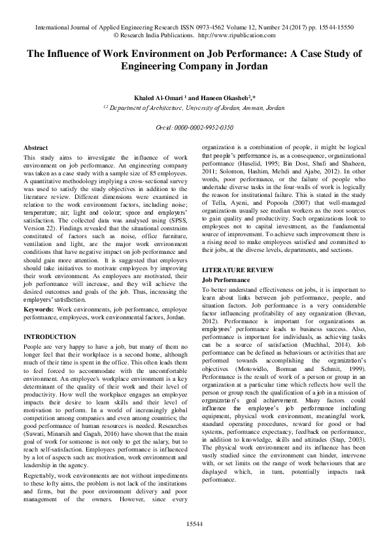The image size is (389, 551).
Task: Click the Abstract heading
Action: (35, 149)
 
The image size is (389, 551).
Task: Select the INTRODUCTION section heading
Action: (50, 336)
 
